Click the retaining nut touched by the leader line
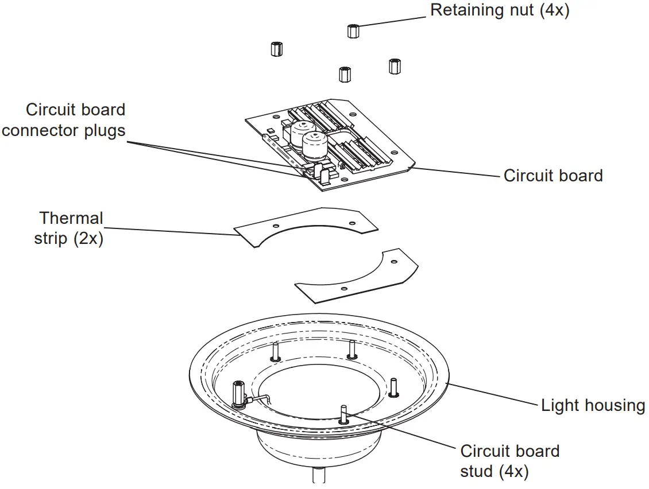click(353, 30)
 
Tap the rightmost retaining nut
click(394, 65)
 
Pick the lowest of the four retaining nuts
click(345, 74)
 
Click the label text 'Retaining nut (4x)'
click(500, 10)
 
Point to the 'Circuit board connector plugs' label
click(63, 120)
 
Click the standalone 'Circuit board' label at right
click(553, 176)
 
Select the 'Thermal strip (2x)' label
click(70, 228)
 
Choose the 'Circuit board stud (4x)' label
click(509, 461)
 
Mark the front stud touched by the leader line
click(343, 414)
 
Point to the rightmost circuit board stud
click(393, 387)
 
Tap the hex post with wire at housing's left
click(237, 394)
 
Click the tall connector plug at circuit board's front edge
click(324, 175)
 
